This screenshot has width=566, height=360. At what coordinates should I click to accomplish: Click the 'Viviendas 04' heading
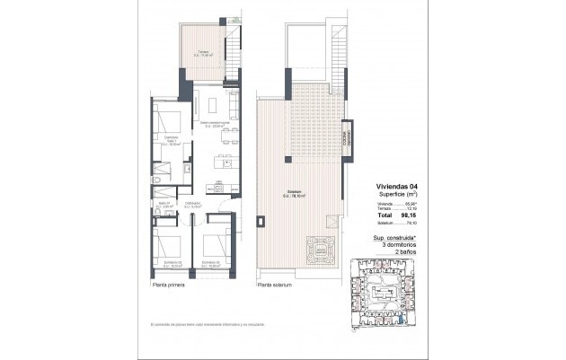tap(395, 187)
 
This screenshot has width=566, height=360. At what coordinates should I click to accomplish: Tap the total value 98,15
tap(409, 216)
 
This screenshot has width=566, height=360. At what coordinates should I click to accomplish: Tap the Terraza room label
tap(204, 53)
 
